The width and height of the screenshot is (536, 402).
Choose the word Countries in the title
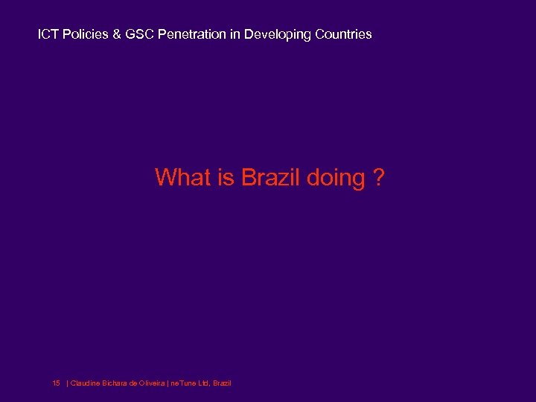(x=344, y=34)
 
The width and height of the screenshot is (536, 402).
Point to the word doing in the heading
(x=336, y=179)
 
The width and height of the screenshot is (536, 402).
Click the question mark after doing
(x=379, y=178)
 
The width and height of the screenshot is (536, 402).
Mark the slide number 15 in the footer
(x=56, y=383)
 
